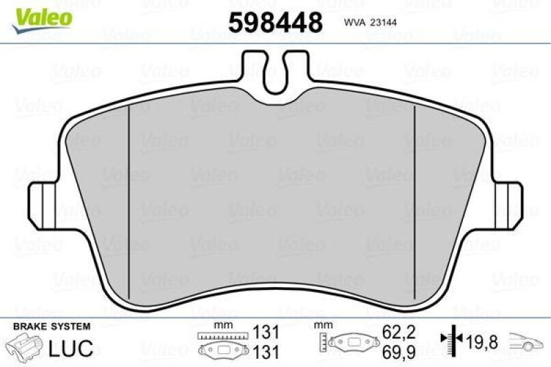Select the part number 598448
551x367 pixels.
pos(275,23)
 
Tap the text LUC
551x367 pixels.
pos(69,348)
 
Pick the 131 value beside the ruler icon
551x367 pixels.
pos(267,331)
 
